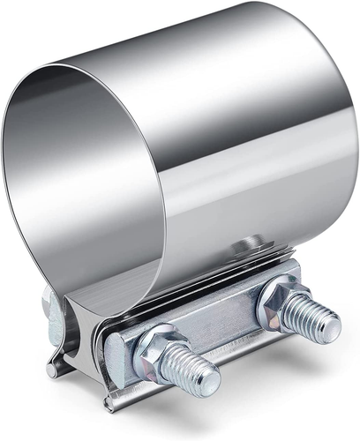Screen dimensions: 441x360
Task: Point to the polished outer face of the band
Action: coord(256,132)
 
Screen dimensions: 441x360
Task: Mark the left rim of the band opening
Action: coord(11,194)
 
